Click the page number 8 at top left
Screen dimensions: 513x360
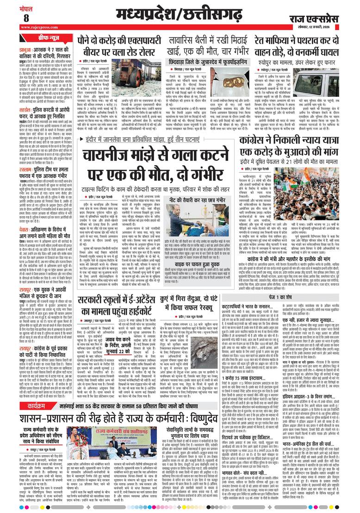(26, 18)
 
